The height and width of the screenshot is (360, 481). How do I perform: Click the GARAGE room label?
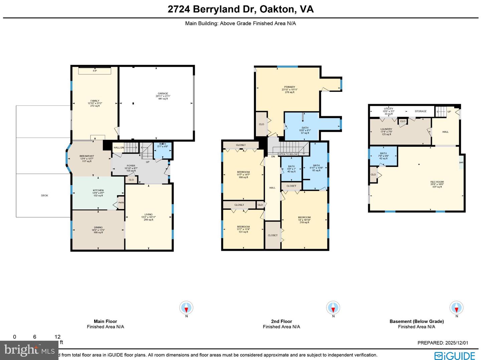[x=163, y=94]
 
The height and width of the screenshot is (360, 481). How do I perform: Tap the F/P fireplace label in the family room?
[x=95, y=71]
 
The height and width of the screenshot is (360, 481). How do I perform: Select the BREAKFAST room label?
[x=87, y=156]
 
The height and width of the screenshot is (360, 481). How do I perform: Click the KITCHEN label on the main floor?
[x=98, y=190]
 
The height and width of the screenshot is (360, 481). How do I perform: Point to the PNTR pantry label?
[x=121, y=203]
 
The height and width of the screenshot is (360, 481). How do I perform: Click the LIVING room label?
[x=149, y=214]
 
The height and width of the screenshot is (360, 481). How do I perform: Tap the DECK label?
[x=44, y=195]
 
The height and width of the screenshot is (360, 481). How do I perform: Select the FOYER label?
[x=131, y=166]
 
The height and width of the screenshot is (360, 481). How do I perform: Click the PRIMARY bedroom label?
[x=290, y=87]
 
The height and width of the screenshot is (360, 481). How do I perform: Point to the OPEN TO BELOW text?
[x=288, y=154]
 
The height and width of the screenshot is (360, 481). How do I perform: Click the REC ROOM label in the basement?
[x=437, y=182]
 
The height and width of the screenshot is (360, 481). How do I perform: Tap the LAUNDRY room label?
[x=386, y=129]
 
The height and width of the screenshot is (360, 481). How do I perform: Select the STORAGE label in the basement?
[x=421, y=111]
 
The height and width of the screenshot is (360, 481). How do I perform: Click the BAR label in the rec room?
[x=461, y=163]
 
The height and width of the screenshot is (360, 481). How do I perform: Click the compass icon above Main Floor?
[x=186, y=308]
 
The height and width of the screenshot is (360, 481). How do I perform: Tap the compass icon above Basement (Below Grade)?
[x=457, y=308]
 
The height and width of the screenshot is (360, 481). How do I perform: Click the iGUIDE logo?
[x=455, y=356]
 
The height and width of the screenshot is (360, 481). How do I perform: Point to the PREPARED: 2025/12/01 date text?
[x=443, y=343]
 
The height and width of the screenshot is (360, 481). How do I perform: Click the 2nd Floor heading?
[x=282, y=321]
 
